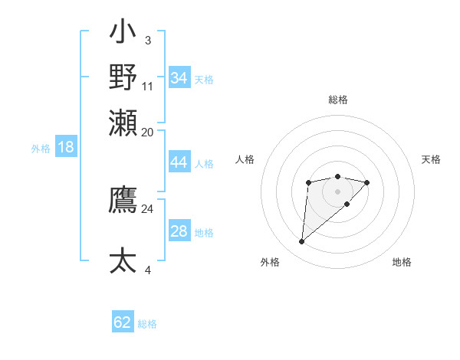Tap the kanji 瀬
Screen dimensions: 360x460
pyautogui.click(x=123, y=122)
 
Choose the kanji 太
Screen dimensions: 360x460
pyautogui.click(x=123, y=260)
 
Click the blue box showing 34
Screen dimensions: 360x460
pyautogui.click(x=179, y=78)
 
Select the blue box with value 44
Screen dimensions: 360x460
pyautogui.click(x=179, y=162)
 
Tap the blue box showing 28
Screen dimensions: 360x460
pyautogui.click(x=179, y=231)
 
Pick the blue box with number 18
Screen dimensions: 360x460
pyautogui.click(x=65, y=147)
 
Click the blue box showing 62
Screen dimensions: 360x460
pyautogui.click(x=123, y=322)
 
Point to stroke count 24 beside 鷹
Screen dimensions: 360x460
pyautogui.click(x=147, y=208)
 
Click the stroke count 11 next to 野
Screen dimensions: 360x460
pyautogui.click(x=148, y=86)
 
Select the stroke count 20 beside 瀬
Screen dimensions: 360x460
pyautogui.click(x=147, y=132)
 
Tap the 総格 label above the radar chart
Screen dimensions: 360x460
pyautogui.click(x=338, y=100)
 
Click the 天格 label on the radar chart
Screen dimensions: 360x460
pyautogui.click(x=431, y=159)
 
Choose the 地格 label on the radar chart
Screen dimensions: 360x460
pyautogui.click(x=402, y=262)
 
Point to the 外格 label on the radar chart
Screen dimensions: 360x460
pyautogui.click(x=270, y=262)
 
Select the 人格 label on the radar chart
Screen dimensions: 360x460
pyautogui.click(x=245, y=159)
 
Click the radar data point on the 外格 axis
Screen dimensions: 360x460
pyautogui.click(x=302, y=242)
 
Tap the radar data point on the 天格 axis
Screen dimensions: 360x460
pyautogui.click(x=367, y=182)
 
